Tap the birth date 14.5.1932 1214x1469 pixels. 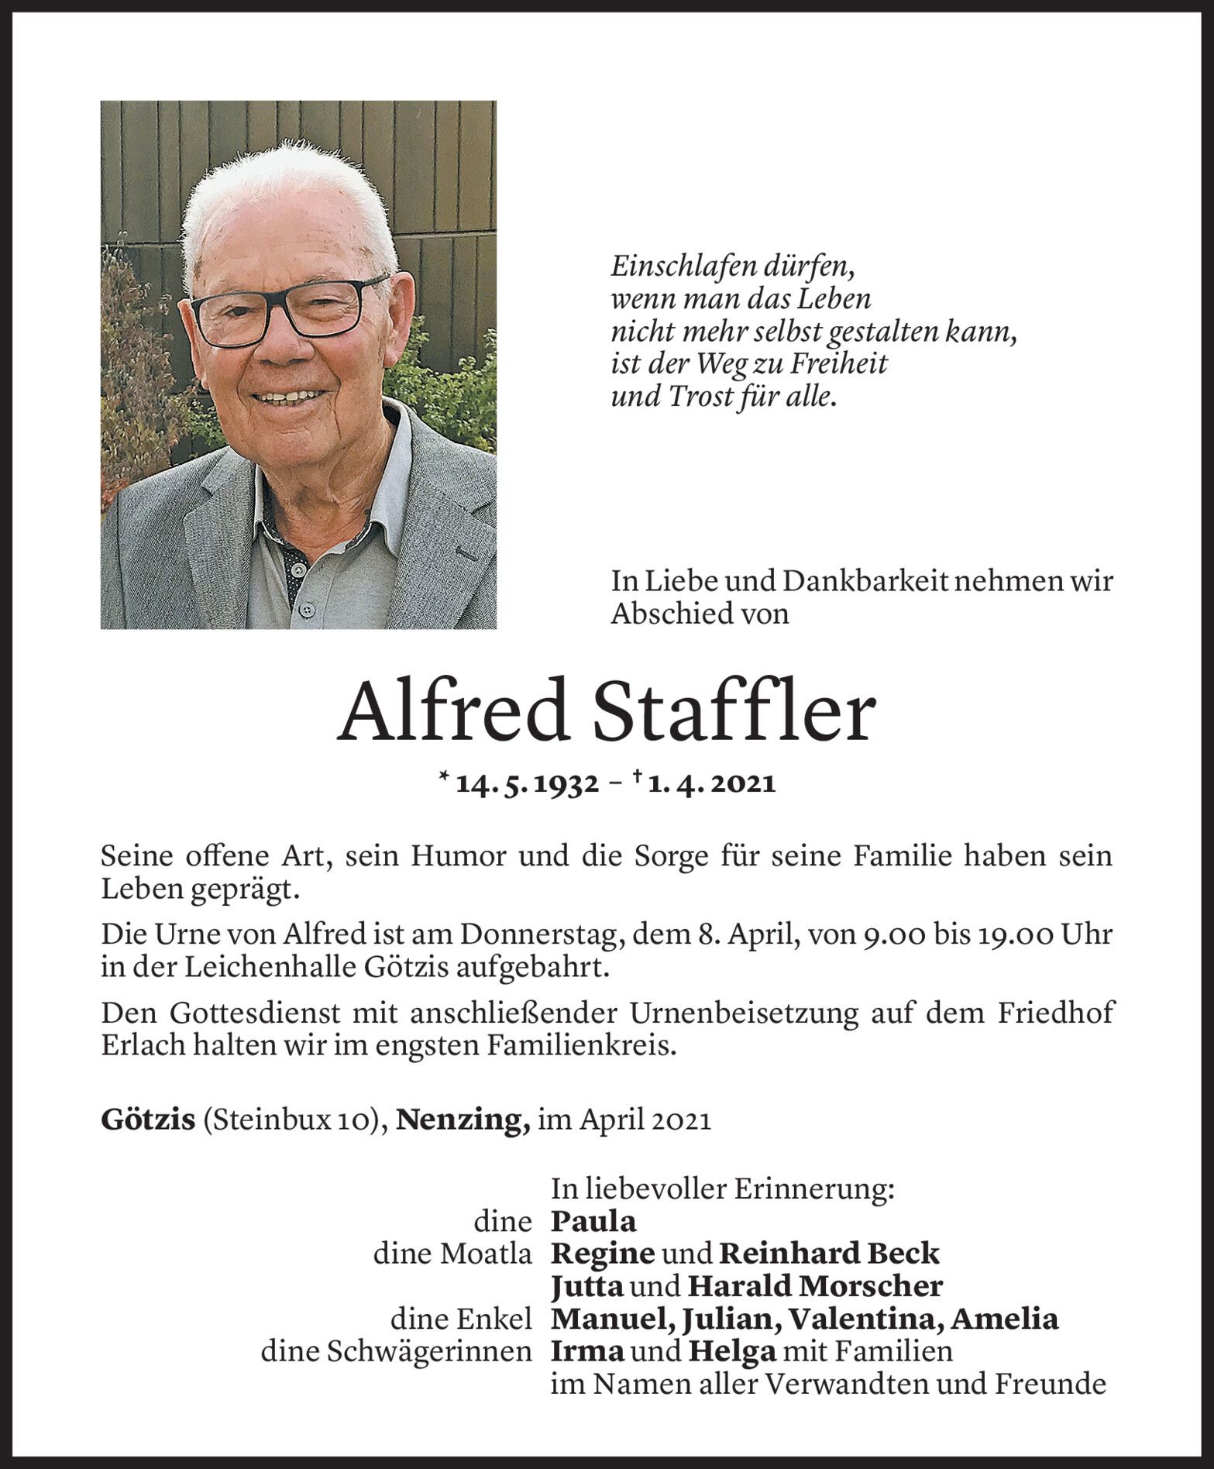pos(528,784)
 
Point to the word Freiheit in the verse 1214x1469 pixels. pos(840,364)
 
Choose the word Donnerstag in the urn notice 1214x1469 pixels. pos(542,935)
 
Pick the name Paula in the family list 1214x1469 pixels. pos(593,1222)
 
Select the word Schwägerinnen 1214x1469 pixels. pos(431,1351)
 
